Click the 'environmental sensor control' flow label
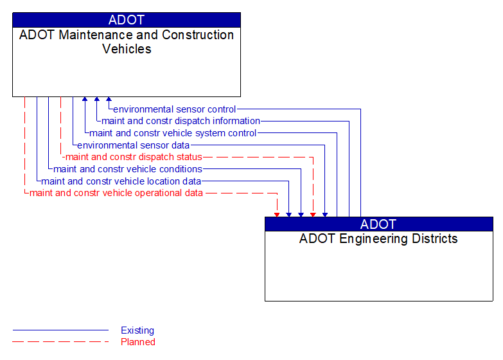[174, 109]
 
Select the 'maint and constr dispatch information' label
[181, 121]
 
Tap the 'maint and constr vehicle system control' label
[173, 133]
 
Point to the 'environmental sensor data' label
[133, 145]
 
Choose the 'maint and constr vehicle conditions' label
[128, 169]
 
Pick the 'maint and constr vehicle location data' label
[121, 181]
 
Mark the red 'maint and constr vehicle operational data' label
[116, 193]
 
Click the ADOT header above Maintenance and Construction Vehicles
[127, 20]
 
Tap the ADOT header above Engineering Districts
[378, 224]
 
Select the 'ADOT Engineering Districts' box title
[378, 239]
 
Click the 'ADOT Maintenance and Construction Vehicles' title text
[127, 42]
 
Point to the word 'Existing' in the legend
[137, 330]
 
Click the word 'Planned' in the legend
[138, 342]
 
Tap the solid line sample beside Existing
[60, 330]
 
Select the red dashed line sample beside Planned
[60, 342]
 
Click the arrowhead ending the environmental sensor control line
[109, 100]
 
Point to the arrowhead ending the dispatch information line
[97, 100]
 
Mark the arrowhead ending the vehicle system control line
[85, 100]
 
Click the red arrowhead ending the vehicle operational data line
[277, 214]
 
